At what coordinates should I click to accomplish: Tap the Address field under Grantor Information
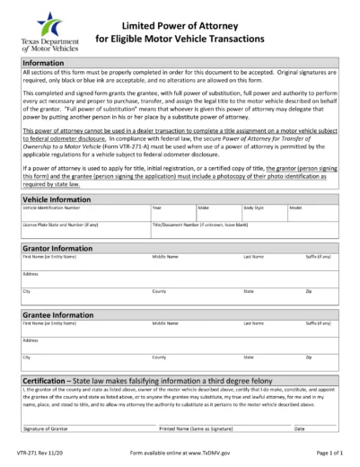point(180,279)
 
